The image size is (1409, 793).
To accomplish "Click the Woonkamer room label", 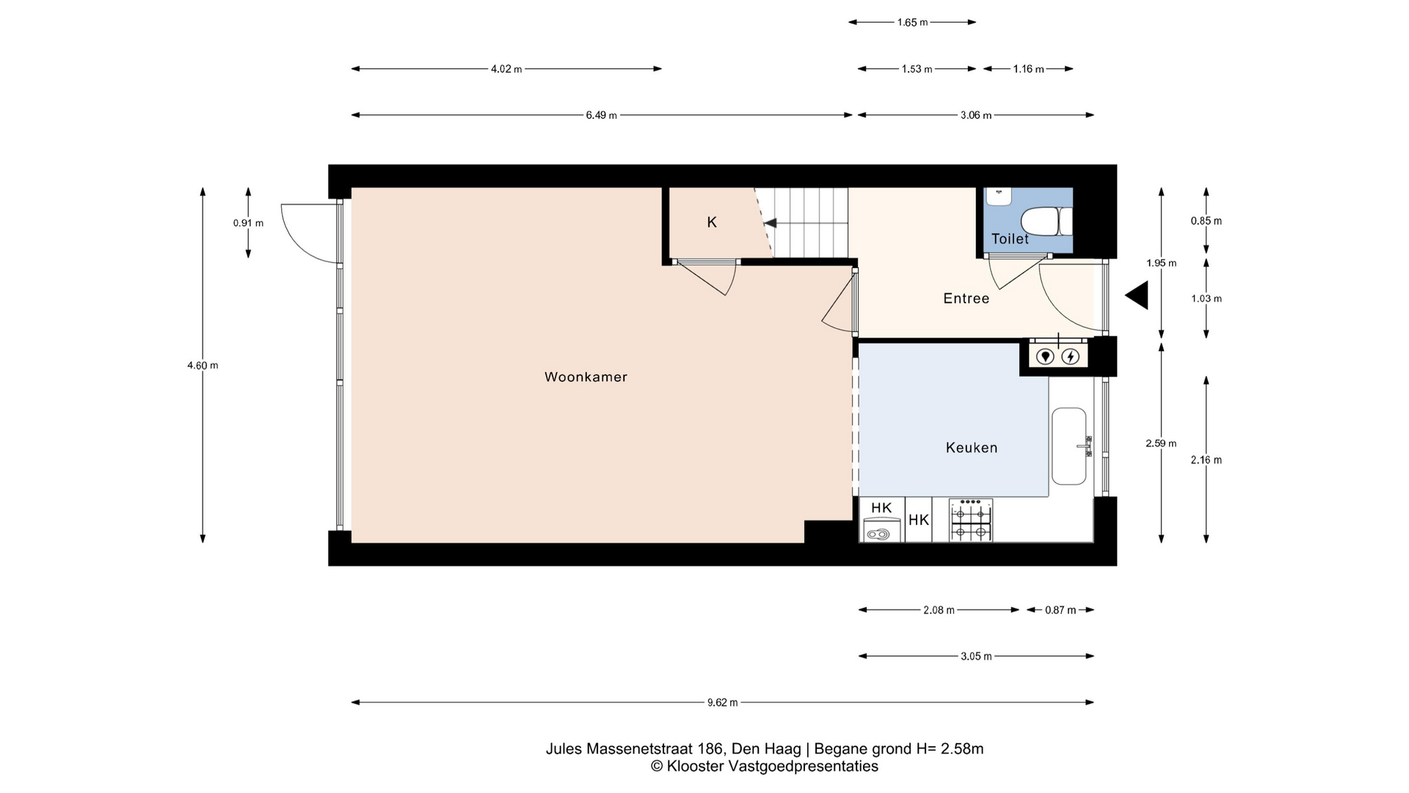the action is (x=586, y=377).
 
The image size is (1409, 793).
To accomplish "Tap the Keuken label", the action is (x=972, y=447).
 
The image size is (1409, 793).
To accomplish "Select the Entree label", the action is (x=966, y=298).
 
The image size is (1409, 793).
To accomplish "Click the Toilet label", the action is (x=1010, y=239).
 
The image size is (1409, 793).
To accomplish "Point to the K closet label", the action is (x=712, y=222).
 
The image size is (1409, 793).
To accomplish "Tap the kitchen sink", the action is (x=1069, y=446).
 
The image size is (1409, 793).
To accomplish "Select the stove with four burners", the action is (x=971, y=520).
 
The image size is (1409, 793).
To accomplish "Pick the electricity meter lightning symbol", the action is (x=1071, y=357).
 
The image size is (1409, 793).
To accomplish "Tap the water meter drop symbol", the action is (x=1045, y=357).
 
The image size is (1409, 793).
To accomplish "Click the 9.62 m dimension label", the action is (x=722, y=703).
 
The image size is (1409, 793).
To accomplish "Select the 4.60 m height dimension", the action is (x=203, y=365).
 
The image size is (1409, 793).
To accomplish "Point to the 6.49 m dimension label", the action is (x=601, y=115).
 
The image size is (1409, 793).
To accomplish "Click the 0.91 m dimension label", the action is (x=248, y=223).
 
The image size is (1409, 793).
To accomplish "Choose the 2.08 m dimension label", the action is (x=939, y=610).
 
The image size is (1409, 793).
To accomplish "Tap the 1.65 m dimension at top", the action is (x=912, y=23).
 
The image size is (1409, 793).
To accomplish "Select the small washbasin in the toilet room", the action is (x=998, y=196).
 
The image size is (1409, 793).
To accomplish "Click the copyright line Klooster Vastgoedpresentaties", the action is (x=764, y=767).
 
